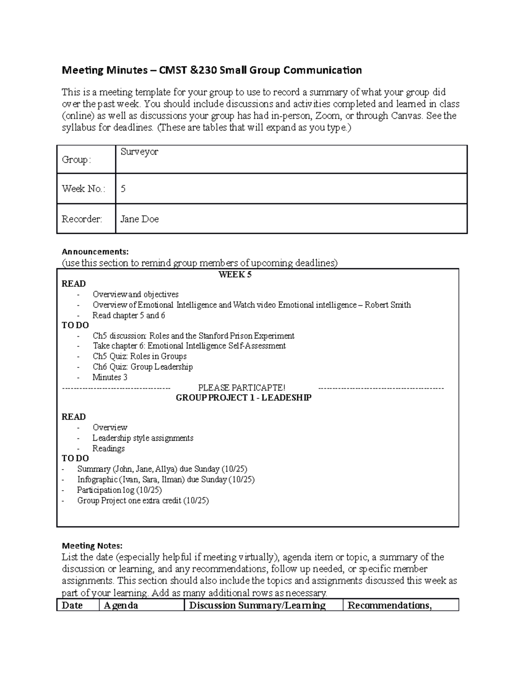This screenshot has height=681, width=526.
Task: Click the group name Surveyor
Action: [x=139, y=152]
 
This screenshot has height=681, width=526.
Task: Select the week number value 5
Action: [x=123, y=189]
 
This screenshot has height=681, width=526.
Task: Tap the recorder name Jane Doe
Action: [x=139, y=219]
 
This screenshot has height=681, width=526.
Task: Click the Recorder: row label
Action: [x=82, y=219]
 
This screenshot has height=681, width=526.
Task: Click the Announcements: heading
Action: [x=95, y=252]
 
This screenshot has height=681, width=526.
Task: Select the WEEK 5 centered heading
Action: [x=235, y=275]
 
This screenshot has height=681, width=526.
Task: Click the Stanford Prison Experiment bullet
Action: [x=193, y=336]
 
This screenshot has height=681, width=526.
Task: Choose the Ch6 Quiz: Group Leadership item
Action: [x=142, y=367]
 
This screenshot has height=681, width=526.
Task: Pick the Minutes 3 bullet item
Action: [x=110, y=377]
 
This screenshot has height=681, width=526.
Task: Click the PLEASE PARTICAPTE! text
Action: [x=242, y=388]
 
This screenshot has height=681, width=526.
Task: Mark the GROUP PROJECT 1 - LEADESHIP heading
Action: [x=243, y=398]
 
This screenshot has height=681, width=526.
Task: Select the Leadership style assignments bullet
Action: [x=142, y=438]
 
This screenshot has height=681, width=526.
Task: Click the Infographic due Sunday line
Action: [x=166, y=479]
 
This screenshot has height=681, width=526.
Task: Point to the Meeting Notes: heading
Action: [x=92, y=546]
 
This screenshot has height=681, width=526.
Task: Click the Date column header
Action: [x=72, y=606]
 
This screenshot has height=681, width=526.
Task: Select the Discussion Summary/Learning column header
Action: [x=257, y=606]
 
